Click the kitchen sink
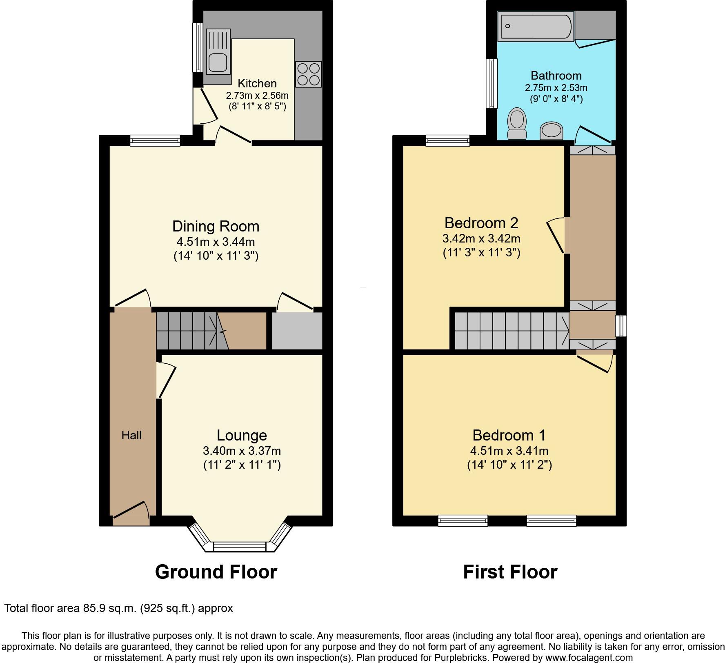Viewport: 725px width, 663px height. (x=218, y=52)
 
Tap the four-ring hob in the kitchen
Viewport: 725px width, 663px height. (x=309, y=74)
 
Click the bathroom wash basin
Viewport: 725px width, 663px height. (x=551, y=131)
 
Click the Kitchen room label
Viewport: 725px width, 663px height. (x=257, y=83)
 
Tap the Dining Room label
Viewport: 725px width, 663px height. (x=216, y=226)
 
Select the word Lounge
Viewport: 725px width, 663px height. (x=242, y=435)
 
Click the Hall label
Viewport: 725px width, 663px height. (x=131, y=435)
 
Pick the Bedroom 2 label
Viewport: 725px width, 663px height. (x=481, y=223)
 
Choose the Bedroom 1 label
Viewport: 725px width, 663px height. (x=509, y=435)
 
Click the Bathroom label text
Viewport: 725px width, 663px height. (x=556, y=76)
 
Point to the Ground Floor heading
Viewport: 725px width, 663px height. (x=216, y=572)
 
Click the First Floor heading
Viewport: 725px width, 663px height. (x=510, y=572)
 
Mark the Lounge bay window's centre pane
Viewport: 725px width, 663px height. (x=240, y=547)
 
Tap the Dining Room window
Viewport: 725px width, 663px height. (x=155, y=141)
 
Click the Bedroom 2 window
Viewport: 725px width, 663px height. (x=447, y=141)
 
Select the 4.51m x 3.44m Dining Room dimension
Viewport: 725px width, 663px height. (x=216, y=242)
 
